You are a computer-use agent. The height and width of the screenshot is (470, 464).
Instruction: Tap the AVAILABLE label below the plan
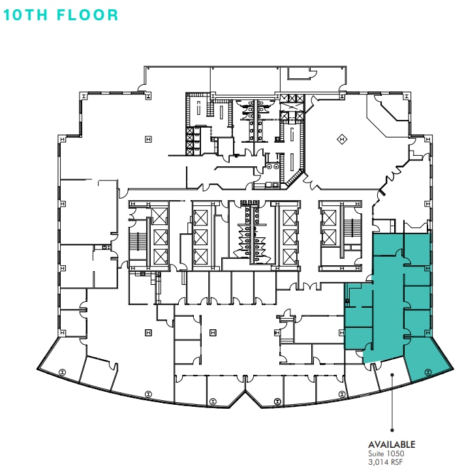pyautogui.click(x=392, y=445)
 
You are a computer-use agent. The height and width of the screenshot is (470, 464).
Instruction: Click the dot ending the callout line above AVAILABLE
pyautogui.click(x=391, y=430)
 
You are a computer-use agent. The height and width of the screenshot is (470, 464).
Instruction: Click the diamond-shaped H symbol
pyautogui.click(x=341, y=139)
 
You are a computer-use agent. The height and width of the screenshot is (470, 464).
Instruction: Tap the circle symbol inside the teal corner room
pyautogui.click(x=427, y=372)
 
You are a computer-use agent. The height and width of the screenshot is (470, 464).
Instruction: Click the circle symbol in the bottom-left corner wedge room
pyautogui.click(x=62, y=372)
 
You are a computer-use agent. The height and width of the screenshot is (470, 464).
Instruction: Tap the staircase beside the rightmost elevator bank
pyautogui.click(x=352, y=228)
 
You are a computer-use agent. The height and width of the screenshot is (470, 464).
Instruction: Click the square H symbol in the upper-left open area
pyautogui.click(x=148, y=139)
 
